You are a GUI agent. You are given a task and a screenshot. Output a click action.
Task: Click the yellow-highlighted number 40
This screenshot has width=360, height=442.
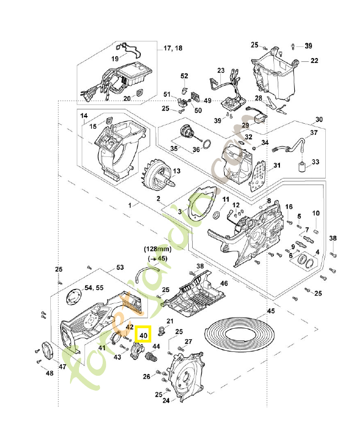144,335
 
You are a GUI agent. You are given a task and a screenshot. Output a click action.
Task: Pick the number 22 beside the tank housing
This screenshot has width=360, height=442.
314,61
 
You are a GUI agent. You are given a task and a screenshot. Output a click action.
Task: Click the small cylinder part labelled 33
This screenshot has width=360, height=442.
301,166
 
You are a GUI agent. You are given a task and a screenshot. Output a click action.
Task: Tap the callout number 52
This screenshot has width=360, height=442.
184,76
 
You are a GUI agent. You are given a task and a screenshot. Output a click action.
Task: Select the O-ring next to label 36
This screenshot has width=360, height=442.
206,145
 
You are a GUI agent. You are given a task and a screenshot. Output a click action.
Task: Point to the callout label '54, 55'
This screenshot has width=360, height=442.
93,288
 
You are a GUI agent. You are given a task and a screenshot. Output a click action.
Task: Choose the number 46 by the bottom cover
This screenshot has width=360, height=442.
224,283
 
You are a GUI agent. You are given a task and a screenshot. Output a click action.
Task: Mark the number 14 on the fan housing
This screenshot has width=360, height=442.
84,116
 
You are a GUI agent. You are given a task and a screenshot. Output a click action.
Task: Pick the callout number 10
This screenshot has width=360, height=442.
316,213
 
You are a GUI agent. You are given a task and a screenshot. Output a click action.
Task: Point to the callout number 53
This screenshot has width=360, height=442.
119,267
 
